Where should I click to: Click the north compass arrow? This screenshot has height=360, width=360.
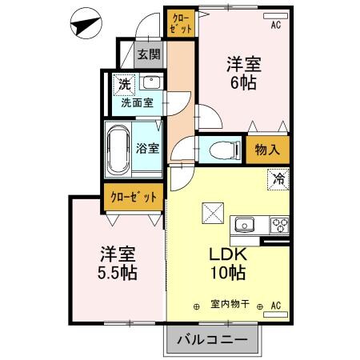pyautogui.click(x=85, y=25)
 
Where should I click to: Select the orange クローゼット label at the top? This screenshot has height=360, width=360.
pyautogui.click(x=182, y=22)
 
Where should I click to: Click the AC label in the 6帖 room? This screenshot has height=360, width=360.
pyautogui.click(x=275, y=24)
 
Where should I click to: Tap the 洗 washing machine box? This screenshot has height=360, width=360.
pyautogui.click(x=124, y=83)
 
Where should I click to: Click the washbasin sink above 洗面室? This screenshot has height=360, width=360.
pyautogui.click(x=150, y=82)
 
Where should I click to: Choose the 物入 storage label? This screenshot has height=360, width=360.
pyautogui.click(x=267, y=150)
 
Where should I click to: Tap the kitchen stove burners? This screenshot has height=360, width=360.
pyautogui.click(x=278, y=224)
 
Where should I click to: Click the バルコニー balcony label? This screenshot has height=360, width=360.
pyautogui.click(x=214, y=341)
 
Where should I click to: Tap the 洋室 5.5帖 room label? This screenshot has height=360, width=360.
pyautogui.click(x=117, y=264)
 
